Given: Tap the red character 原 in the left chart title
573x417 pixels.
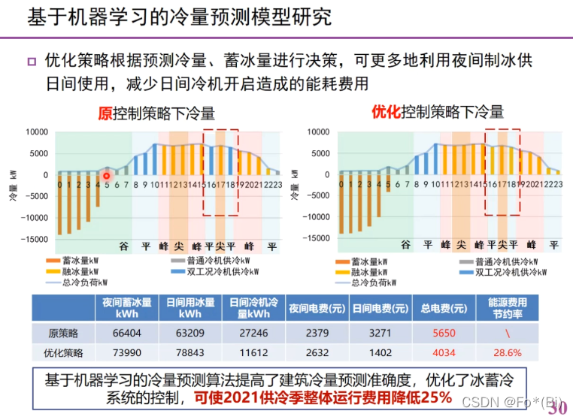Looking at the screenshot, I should point(105,113).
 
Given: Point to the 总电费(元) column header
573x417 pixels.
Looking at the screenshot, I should point(439,308).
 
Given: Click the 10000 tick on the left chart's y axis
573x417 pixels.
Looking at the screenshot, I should point(38,132).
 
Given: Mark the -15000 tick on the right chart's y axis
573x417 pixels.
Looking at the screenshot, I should point(316,239).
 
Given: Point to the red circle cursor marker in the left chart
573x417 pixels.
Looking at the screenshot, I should point(107,177).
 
